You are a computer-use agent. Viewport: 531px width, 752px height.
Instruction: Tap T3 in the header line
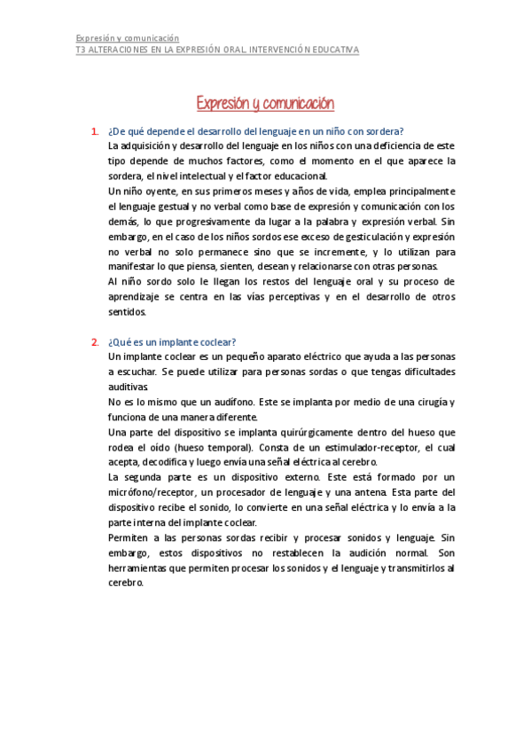click(81, 51)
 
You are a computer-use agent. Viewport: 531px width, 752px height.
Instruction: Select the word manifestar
click(131, 267)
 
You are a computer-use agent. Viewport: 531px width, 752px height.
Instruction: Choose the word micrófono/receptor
click(147, 492)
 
